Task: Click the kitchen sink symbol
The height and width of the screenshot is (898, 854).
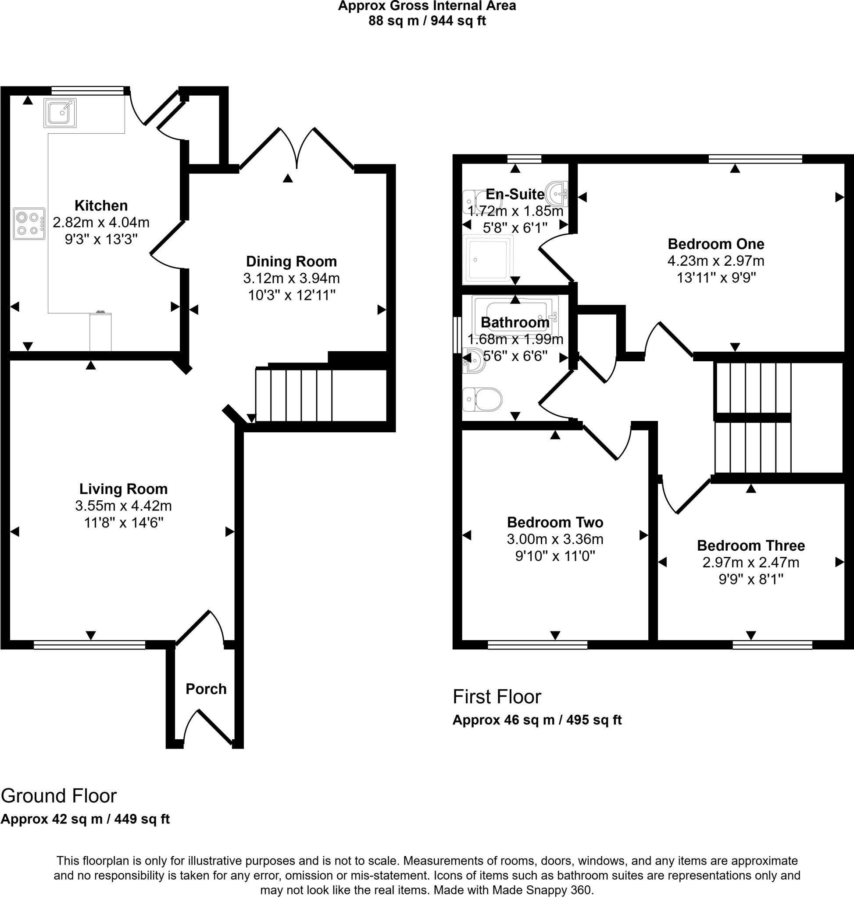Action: [60, 113]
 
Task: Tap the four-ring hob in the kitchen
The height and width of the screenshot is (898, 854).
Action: [29, 224]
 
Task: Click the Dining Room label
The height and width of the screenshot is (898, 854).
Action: [291, 261]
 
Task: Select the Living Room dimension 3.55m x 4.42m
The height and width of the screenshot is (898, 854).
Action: [123, 506]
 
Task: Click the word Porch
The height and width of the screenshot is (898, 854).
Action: [206, 689]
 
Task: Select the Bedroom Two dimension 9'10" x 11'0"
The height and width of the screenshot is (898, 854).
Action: [555, 556]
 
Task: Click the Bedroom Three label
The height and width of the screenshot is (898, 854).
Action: [750, 545]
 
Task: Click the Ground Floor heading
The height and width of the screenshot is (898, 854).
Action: [59, 796]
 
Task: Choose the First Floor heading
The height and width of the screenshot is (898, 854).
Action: [497, 697]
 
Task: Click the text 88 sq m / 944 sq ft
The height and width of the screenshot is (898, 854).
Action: [427, 21]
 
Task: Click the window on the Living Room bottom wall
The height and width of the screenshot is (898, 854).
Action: [89, 645]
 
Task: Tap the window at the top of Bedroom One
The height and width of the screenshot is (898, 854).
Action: [755, 159]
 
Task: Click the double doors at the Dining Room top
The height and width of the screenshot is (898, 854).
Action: [297, 148]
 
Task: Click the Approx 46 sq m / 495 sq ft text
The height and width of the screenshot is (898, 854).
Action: [537, 720]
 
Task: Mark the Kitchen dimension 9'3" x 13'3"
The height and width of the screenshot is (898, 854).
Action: [101, 239]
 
